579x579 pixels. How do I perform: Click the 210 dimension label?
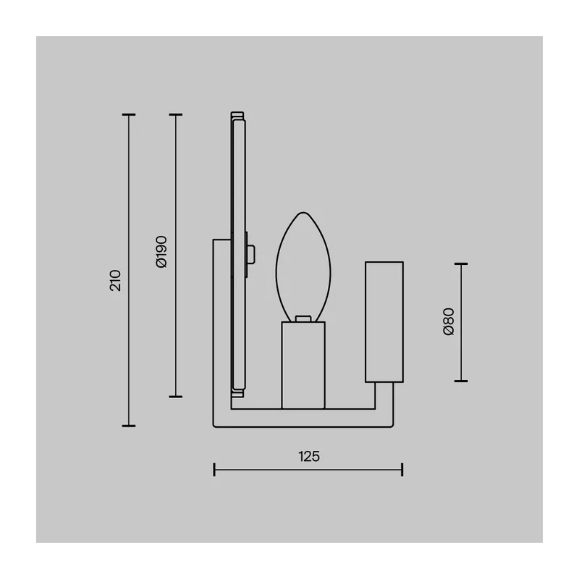116,280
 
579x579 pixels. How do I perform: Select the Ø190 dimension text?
161,251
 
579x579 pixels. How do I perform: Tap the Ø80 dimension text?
448,321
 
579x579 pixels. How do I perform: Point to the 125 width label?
309,457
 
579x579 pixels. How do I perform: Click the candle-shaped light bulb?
303,266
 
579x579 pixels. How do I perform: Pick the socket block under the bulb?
303,365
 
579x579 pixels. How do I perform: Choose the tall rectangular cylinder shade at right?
384,321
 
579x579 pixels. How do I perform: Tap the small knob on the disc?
251,254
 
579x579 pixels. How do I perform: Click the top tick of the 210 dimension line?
129,115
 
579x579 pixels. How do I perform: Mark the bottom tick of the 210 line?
129,426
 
